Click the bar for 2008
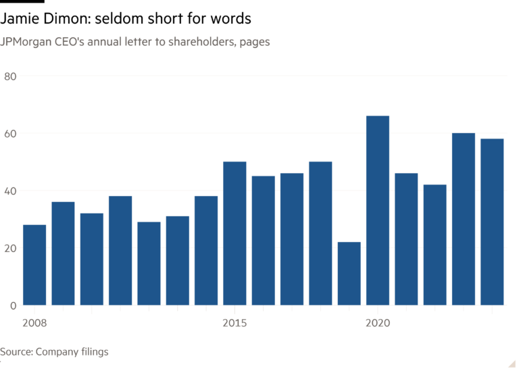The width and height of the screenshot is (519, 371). [34, 264]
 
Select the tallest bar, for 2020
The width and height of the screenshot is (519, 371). [377, 210]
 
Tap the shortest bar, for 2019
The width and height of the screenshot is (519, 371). [349, 273]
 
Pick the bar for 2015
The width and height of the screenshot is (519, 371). [234, 233]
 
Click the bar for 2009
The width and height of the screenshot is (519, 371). [63, 253]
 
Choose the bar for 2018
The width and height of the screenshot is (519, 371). [320, 233]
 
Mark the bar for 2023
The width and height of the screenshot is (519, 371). [463, 219]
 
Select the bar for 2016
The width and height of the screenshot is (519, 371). [263, 240]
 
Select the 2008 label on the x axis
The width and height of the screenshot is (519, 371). [34, 323]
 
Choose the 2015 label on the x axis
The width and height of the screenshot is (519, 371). [234, 323]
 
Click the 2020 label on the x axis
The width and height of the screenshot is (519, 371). [377, 323]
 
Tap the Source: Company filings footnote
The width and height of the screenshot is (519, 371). [54, 351]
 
